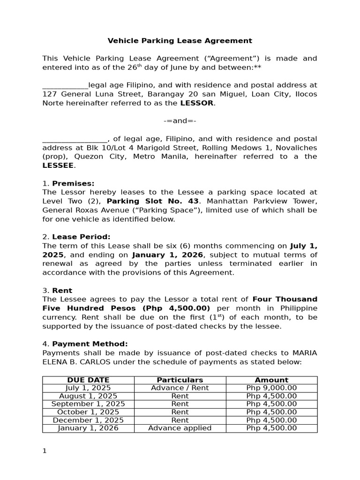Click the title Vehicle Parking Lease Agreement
coord(180,41)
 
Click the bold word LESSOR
coord(197,103)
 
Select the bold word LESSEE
coord(58,165)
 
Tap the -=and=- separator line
coord(180,121)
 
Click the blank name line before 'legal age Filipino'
coord(65,86)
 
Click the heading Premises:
coord(73,183)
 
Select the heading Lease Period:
coord(81,237)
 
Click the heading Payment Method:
coord(90,344)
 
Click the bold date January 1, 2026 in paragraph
coord(167,255)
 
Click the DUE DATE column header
coord(88,380)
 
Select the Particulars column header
coord(180,380)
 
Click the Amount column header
coord(271,380)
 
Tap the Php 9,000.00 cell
coord(271,388)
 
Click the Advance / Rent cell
coord(180,388)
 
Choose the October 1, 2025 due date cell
coord(88,412)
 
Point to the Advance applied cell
coord(180,428)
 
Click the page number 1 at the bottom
coord(45,451)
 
